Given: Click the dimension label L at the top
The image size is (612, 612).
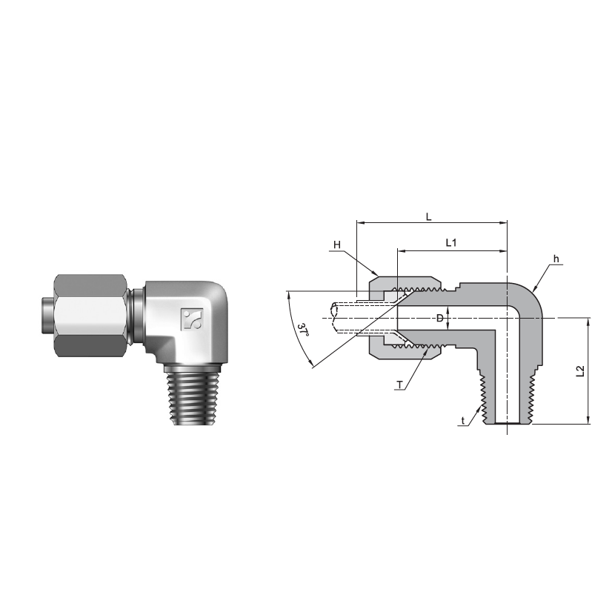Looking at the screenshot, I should pos(428,216).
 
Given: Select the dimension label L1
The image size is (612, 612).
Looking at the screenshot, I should pos(450,243).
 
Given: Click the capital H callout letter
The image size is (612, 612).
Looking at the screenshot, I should pos(336,245).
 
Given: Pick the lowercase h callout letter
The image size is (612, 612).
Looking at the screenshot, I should pos(555,259).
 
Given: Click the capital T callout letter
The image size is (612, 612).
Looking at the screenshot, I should pos(399,385).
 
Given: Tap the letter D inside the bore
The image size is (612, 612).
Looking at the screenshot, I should pos(439,319).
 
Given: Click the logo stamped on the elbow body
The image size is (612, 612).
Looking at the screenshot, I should pos(191,319).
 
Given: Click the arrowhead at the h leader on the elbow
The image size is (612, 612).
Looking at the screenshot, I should pos(530,290).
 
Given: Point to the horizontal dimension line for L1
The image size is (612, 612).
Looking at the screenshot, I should pos(452,251).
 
